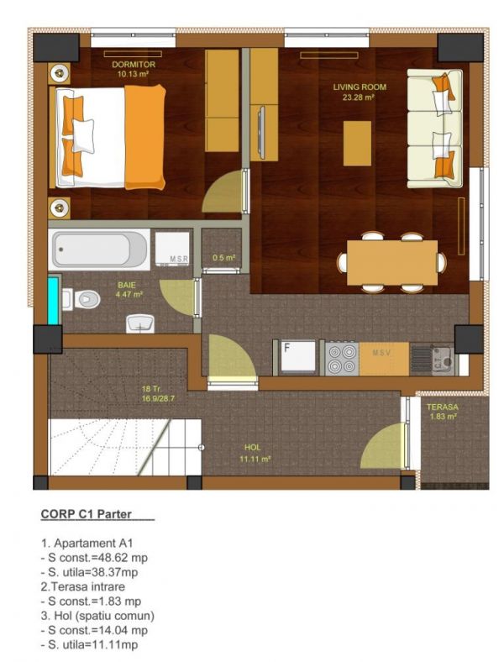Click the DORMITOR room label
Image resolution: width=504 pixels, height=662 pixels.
[134, 65]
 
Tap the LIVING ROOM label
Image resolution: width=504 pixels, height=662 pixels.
[360, 87]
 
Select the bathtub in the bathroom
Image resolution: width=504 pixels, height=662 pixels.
[99, 250]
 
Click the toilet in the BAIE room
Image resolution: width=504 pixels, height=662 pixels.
[81, 299]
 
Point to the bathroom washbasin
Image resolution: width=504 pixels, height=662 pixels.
[140, 323]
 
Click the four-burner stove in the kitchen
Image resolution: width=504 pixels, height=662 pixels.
[342, 359]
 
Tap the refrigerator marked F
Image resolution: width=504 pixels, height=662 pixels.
[298, 358]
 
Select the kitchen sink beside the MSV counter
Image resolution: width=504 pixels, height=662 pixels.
[433, 360]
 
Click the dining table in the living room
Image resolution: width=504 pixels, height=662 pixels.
[392, 263]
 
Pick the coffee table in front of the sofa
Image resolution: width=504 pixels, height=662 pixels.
[357, 143]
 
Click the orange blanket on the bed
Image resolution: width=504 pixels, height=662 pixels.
[144, 137]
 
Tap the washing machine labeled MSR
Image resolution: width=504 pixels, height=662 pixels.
[172, 250]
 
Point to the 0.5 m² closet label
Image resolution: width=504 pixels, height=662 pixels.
[223, 258]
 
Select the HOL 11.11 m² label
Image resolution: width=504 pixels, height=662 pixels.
[255, 453]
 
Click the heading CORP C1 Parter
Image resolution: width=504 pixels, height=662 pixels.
[87, 514]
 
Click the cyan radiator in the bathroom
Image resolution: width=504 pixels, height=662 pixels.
[53, 300]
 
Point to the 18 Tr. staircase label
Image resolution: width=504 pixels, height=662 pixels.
[151, 389]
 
